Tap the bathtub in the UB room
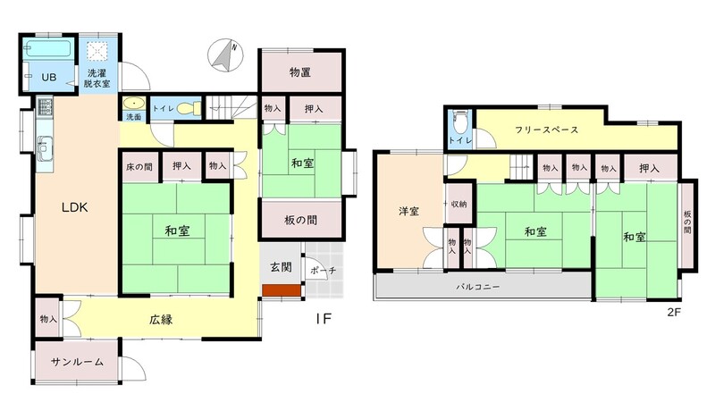pyautogui.click(x=48, y=49)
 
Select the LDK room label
pyautogui.click(x=75, y=208)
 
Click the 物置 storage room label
pyautogui.click(x=300, y=72)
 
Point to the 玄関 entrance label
pyautogui.click(x=281, y=266)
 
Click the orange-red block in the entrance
pyautogui.click(x=282, y=290)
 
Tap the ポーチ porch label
pyautogui.click(x=324, y=271)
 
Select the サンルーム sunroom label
pyautogui.click(x=77, y=363)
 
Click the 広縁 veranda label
pyautogui.click(x=161, y=320)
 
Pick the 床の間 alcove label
pyautogui.click(x=139, y=167)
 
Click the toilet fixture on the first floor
pyautogui.click(x=189, y=108)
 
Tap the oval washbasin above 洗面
pyautogui.click(x=134, y=104)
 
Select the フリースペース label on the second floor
pyautogui.click(x=546, y=130)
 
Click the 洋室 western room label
pyautogui.click(x=408, y=212)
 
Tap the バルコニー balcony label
pyautogui.click(x=478, y=287)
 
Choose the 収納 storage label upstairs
pyautogui.click(x=458, y=205)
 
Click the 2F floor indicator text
pyautogui.click(x=674, y=313)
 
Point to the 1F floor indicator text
pyautogui.click(x=324, y=319)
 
